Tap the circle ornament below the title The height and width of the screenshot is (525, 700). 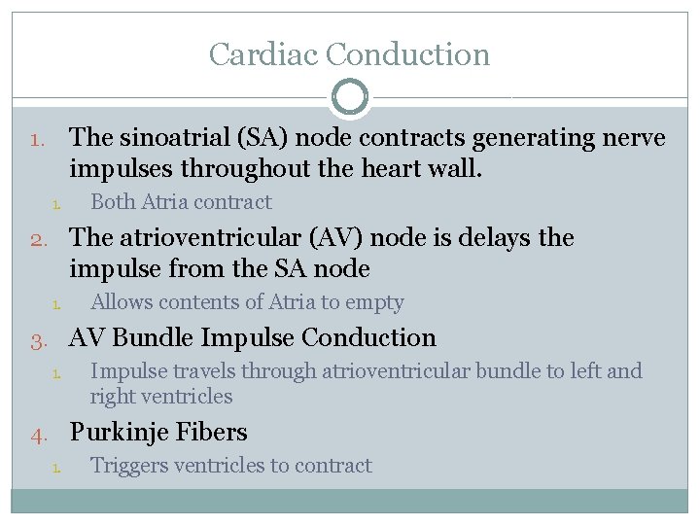tap(350, 97)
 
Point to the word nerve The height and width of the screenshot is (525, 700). tap(629, 138)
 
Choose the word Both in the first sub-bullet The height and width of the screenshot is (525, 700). tap(113, 202)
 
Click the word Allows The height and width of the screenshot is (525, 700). tap(122, 302)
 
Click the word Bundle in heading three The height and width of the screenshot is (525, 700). tap(154, 337)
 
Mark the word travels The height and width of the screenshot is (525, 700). tap(201, 370)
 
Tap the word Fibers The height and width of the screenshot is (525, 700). tap(213, 432)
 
